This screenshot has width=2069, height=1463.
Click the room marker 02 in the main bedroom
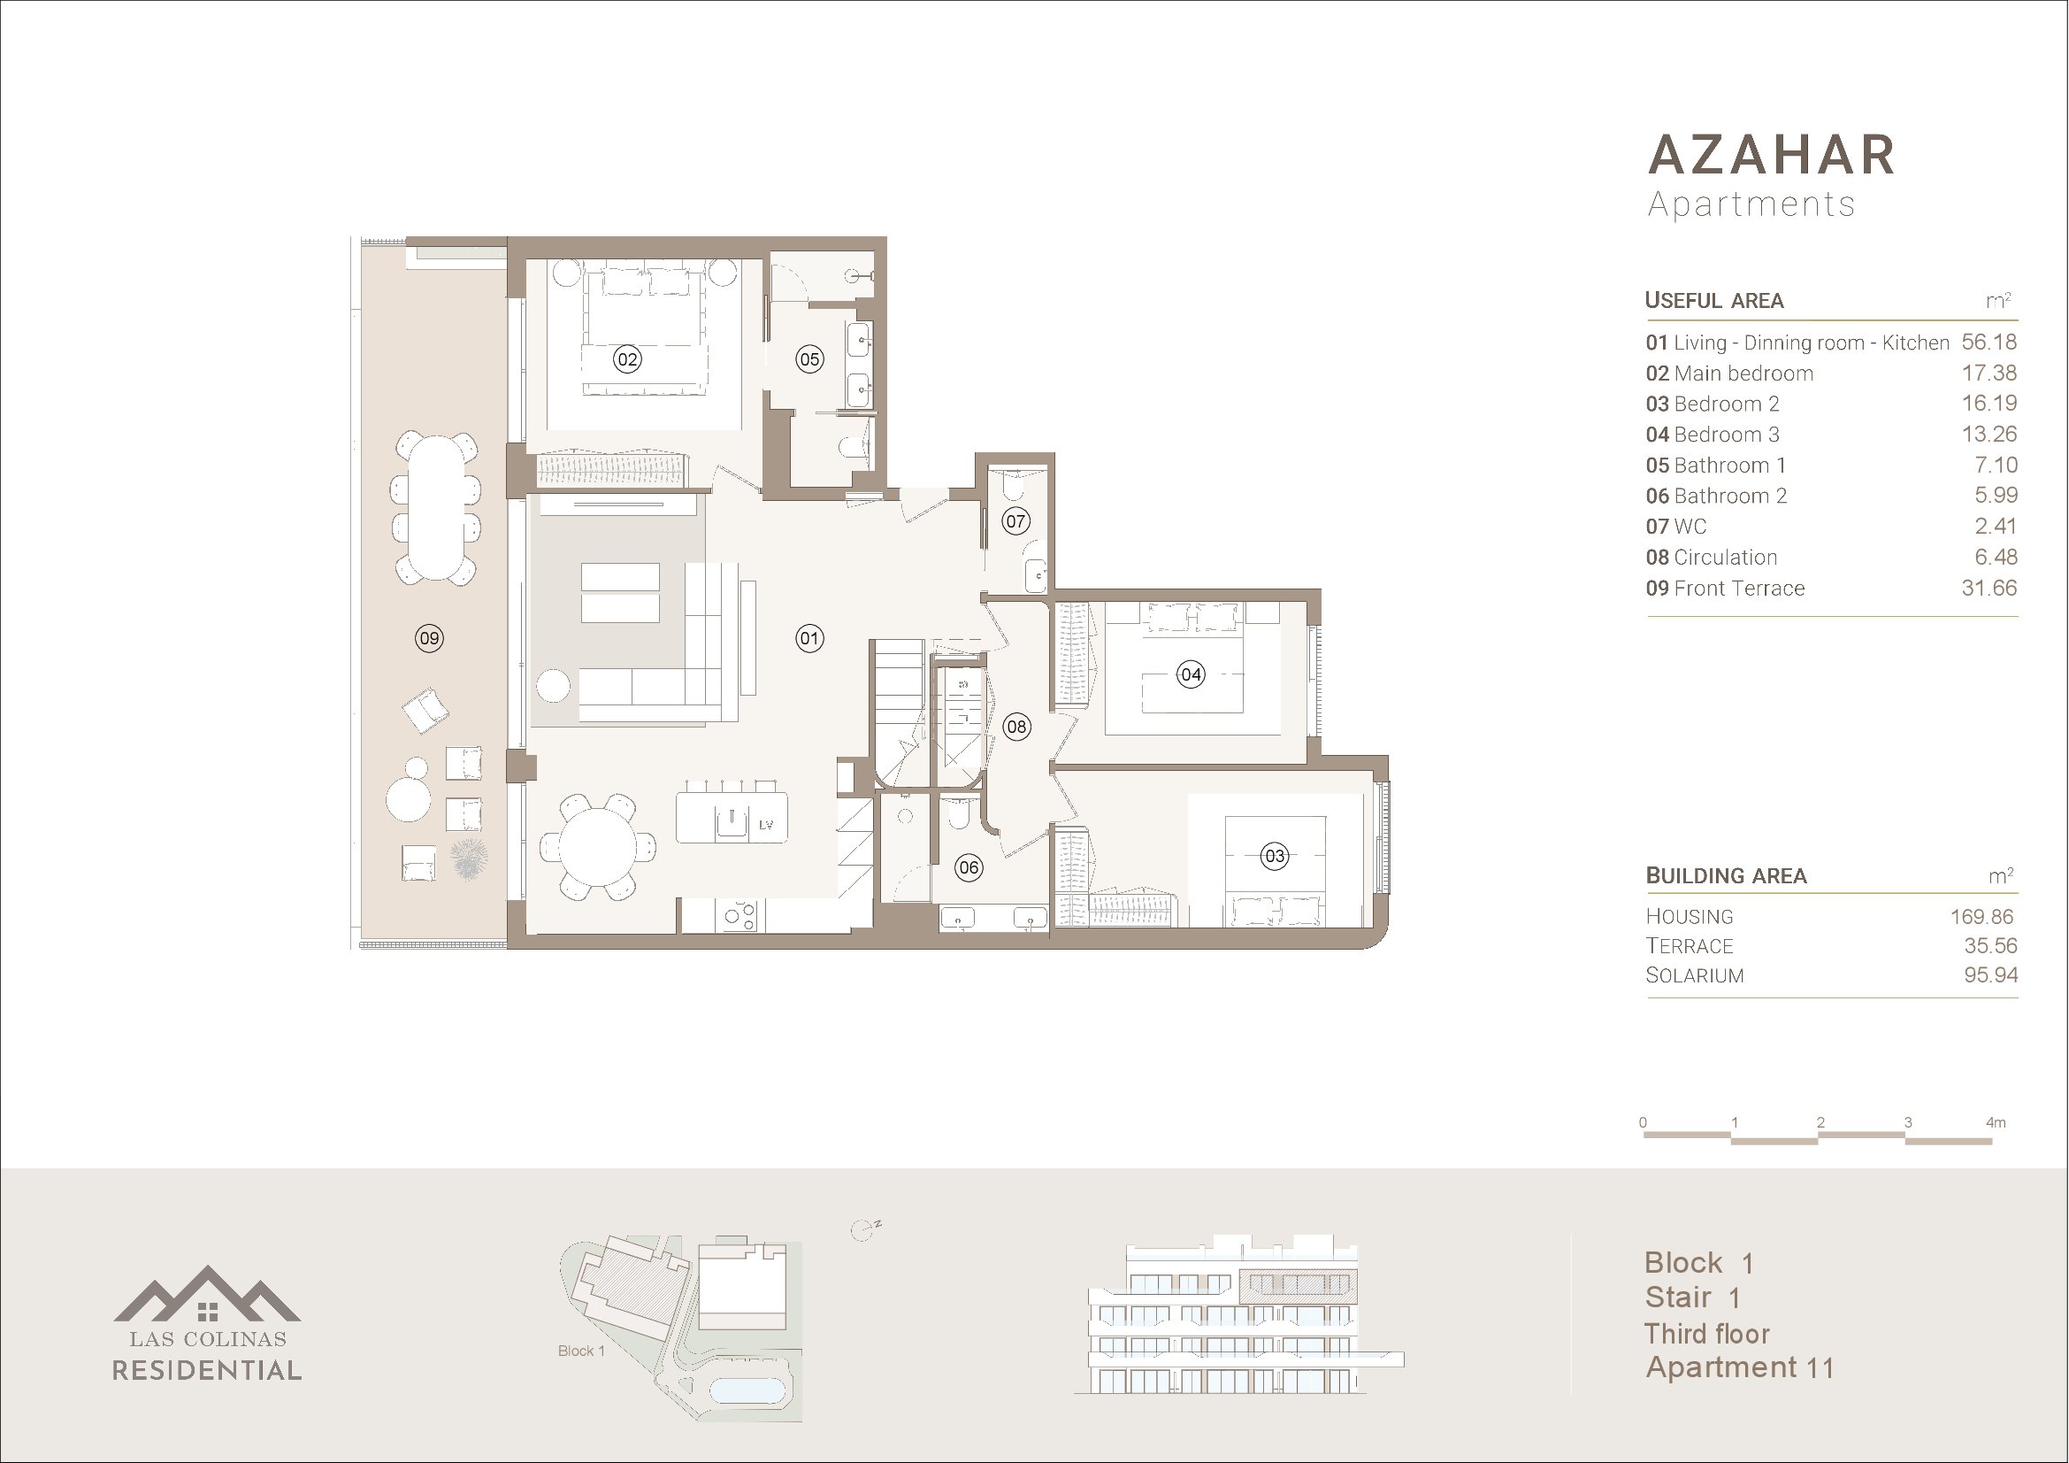pyautogui.click(x=627, y=359)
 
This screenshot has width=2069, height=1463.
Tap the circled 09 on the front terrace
pyautogui.click(x=429, y=639)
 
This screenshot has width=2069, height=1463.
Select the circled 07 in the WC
pyautogui.click(x=1015, y=521)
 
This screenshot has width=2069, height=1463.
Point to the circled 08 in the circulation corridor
pyautogui.click(x=1016, y=727)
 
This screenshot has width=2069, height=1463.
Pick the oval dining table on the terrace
pyautogui.click(x=436, y=508)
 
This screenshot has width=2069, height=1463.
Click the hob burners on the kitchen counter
pyautogui.click(x=739, y=916)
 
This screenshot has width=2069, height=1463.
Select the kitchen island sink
pyautogui.click(x=732, y=821)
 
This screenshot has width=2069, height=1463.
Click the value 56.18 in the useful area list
pyautogui.click(x=1989, y=343)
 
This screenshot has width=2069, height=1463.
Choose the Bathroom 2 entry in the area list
pyautogui.click(x=1716, y=496)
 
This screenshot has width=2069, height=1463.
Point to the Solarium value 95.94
pyautogui.click(x=1990, y=975)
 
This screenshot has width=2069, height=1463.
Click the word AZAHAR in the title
pyautogui.click(x=1772, y=155)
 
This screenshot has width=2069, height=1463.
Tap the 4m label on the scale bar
pyautogui.click(x=1995, y=1122)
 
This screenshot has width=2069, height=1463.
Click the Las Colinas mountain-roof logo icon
pyautogui.click(x=207, y=1295)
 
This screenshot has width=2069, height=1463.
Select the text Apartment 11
pyautogui.click(x=1740, y=1367)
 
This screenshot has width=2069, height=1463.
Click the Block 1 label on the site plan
pyautogui.click(x=581, y=1351)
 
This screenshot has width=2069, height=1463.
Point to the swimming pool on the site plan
pyautogui.click(x=748, y=1391)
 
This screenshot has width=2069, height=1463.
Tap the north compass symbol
pyautogui.click(x=864, y=1230)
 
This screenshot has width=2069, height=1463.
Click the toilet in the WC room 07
pyautogui.click(x=1013, y=485)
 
